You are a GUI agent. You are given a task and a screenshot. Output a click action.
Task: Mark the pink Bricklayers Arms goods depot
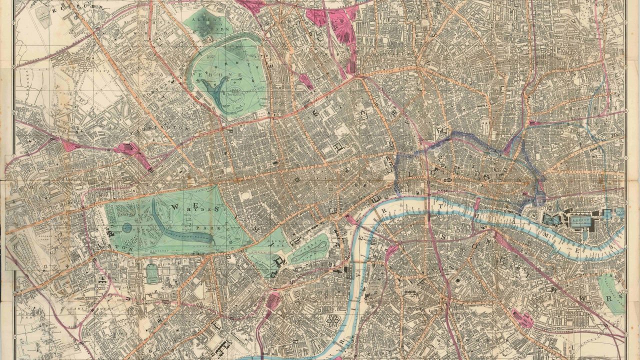[x=522, y=317]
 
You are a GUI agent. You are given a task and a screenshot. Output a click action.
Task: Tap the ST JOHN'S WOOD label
[x=150, y=75]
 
